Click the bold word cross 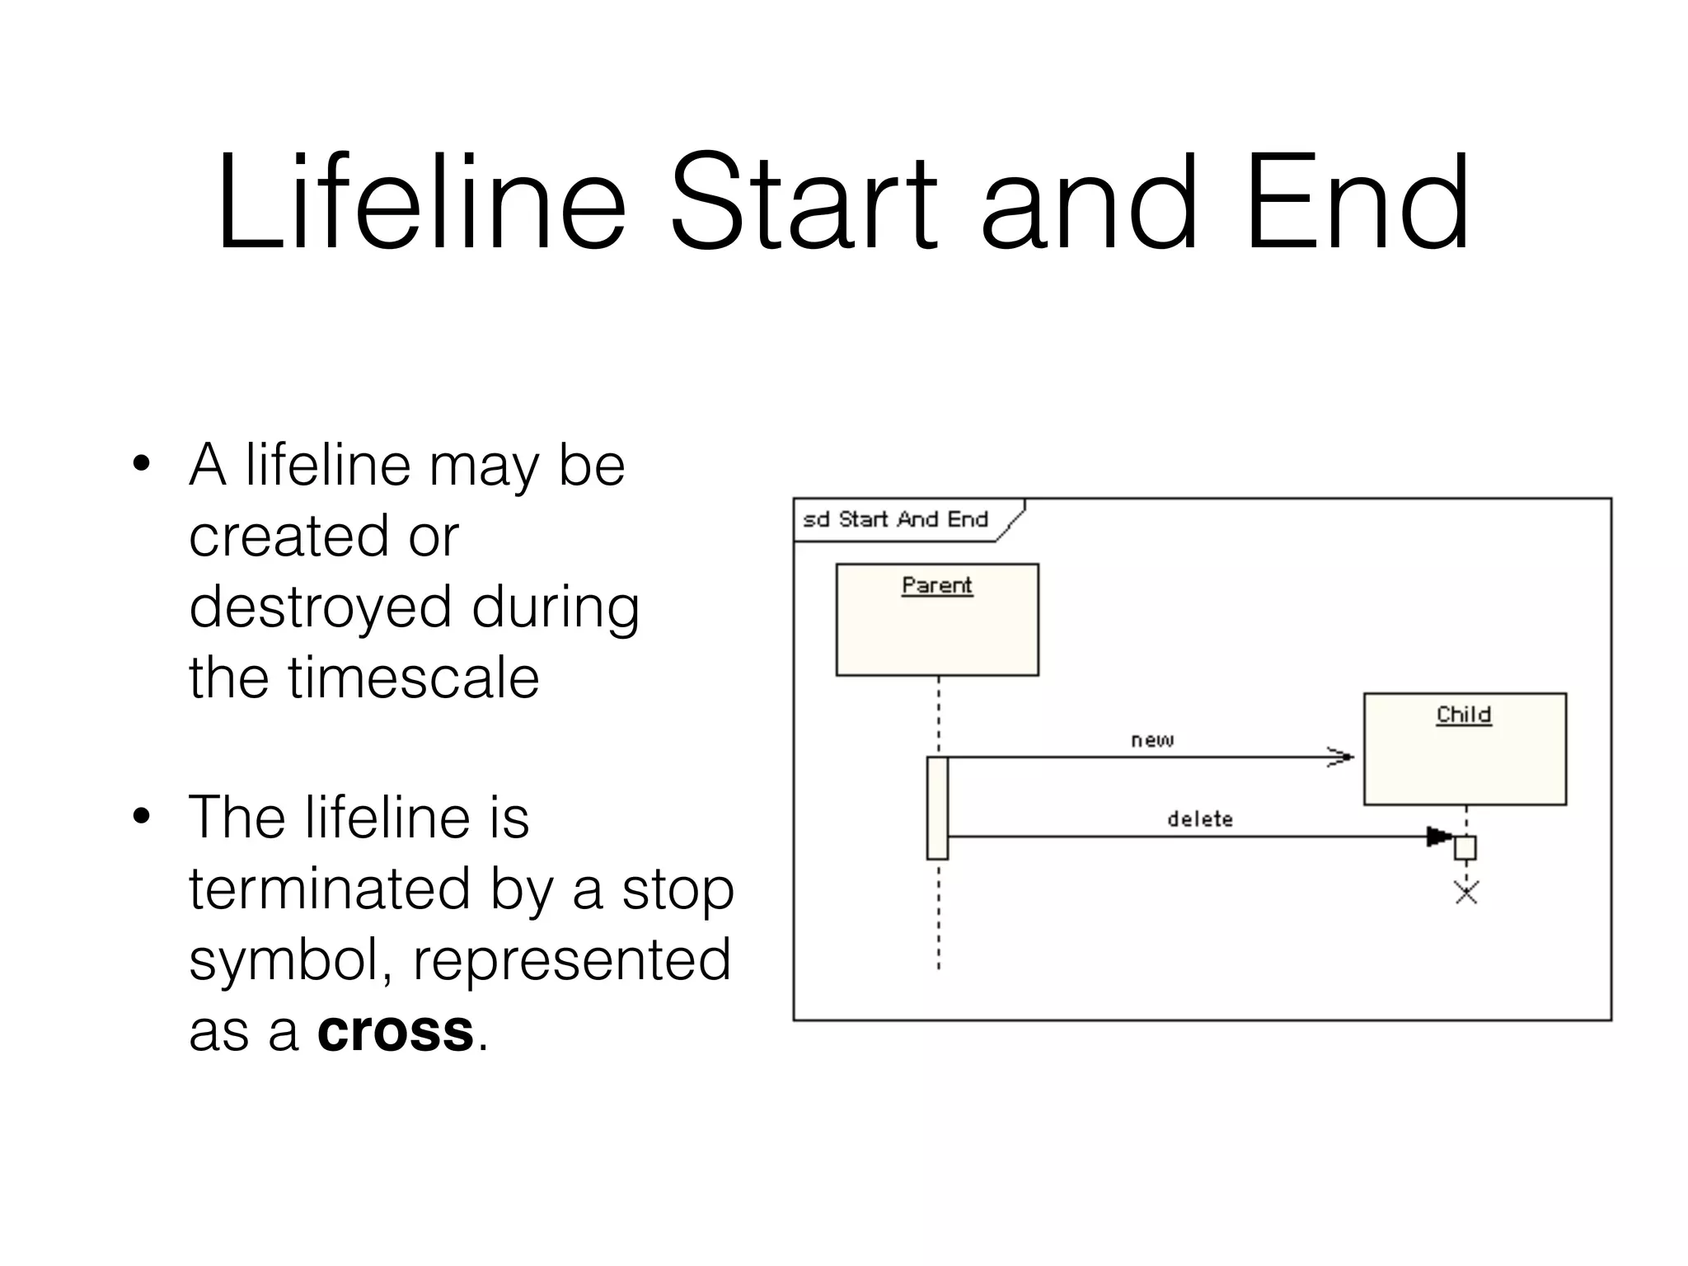click(x=395, y=1030)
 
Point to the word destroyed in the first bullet click(x=320, y=607)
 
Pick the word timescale click(x=413, y=678)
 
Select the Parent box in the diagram click(x=937, y=620)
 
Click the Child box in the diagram click(x=1465, y=748)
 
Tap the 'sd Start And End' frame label click(x=896, y=519)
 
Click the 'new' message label click(x=1151, y=740)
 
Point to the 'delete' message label click(x=1200, y=819)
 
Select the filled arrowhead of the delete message click(x=1438, y=837)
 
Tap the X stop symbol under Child click(x=1466, y=892)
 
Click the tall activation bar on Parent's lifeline click(x=937, y=808)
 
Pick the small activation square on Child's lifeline click(x=1465, y=847)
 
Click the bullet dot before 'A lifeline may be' click(x=142, y=463)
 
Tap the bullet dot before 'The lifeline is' click(x=142, y=816)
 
